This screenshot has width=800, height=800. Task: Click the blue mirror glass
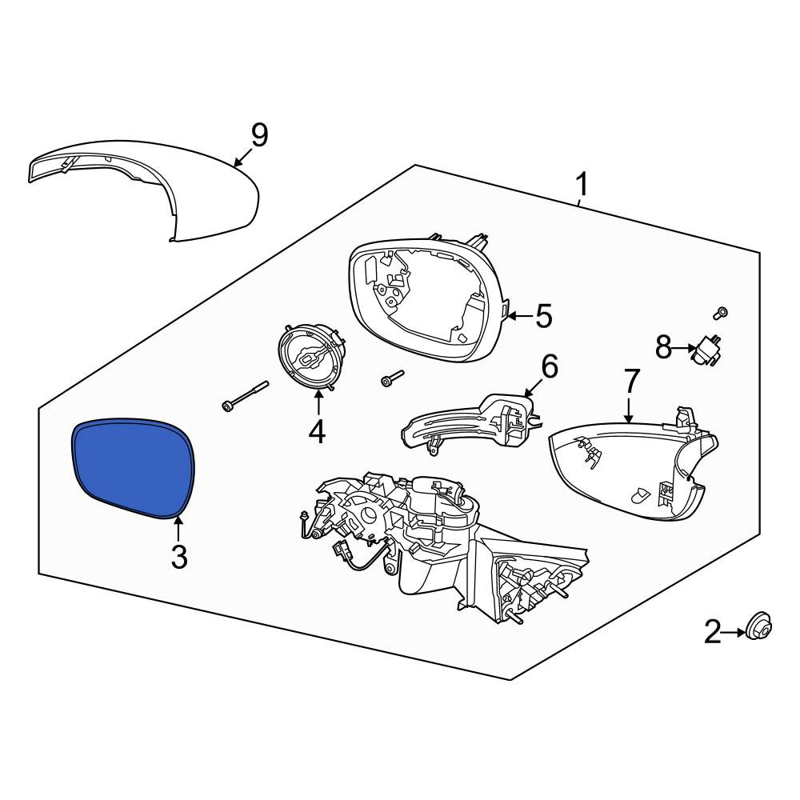tap(133, 467)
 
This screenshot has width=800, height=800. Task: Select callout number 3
tap(179, 557)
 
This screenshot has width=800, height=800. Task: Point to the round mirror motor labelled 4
tap(312, 357)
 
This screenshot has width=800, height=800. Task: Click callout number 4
tap(317, 432)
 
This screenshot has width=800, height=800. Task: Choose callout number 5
tap(544, 316)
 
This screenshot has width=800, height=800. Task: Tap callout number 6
tap(550, 366)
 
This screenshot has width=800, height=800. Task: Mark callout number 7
tap(632, 381)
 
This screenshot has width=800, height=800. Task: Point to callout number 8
tap(663, 348)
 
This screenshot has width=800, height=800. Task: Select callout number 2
tap(713, 632)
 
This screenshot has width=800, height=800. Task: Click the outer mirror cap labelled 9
tap(144, 190)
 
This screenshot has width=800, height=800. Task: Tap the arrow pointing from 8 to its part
tap(684, 349)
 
